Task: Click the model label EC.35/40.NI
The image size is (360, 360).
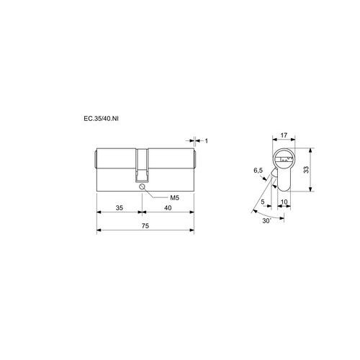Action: click(x=101, y=119)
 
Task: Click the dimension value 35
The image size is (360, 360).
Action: click(x=120, y=208)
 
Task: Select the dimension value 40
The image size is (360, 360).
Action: click(x=168, y=208)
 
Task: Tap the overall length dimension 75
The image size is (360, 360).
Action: click(x=145, y=226)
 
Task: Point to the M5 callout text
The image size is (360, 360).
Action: click(x=175, y=198)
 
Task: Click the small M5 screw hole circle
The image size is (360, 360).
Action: click(x=142, y=186)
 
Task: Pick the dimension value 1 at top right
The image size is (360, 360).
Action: click(x=206, y=141)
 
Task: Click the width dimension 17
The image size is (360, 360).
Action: click(x=284, y=135)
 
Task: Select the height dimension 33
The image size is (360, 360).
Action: click(x=306, y=170)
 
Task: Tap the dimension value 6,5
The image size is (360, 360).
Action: click(x=258, y=171)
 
